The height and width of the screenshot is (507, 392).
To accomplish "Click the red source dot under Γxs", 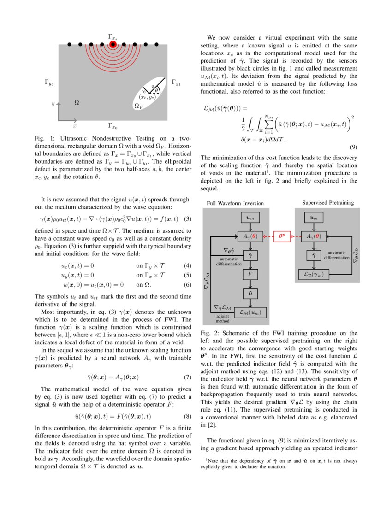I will (113, 45).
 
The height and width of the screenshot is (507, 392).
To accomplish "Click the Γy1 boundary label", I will (176, 83).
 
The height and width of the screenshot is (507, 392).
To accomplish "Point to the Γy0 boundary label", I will (49, 83).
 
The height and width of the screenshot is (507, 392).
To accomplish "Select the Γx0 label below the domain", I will (113, 125).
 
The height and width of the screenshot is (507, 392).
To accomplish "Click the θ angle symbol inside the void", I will (156, 90).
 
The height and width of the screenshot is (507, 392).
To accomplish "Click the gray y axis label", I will (53, 105).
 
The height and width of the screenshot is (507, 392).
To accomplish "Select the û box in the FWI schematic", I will (250, 293).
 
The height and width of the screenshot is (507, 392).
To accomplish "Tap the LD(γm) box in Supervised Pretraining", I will (314, 274).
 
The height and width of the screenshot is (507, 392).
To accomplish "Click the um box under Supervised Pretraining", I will (314, 217).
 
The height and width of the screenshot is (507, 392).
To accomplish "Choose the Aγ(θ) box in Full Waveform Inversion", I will (250, 236).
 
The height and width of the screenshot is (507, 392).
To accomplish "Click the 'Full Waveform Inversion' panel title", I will (235, 203).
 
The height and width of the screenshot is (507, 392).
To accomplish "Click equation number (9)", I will (353, 148).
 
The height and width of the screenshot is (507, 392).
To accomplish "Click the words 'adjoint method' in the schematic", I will (223, 318).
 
